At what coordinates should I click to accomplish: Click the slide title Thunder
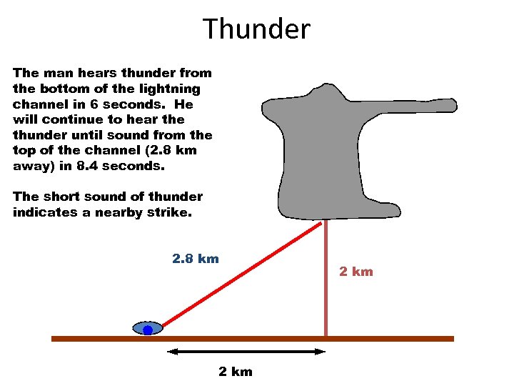[x=257, y=29]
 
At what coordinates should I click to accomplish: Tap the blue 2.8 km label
[x=196, y=259]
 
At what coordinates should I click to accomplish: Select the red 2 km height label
[x=356, y=272]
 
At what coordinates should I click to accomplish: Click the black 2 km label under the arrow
[x=235, y=372]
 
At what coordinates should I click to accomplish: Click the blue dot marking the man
[x=148, y=330]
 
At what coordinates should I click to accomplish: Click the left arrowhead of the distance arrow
[x=171, y=352]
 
